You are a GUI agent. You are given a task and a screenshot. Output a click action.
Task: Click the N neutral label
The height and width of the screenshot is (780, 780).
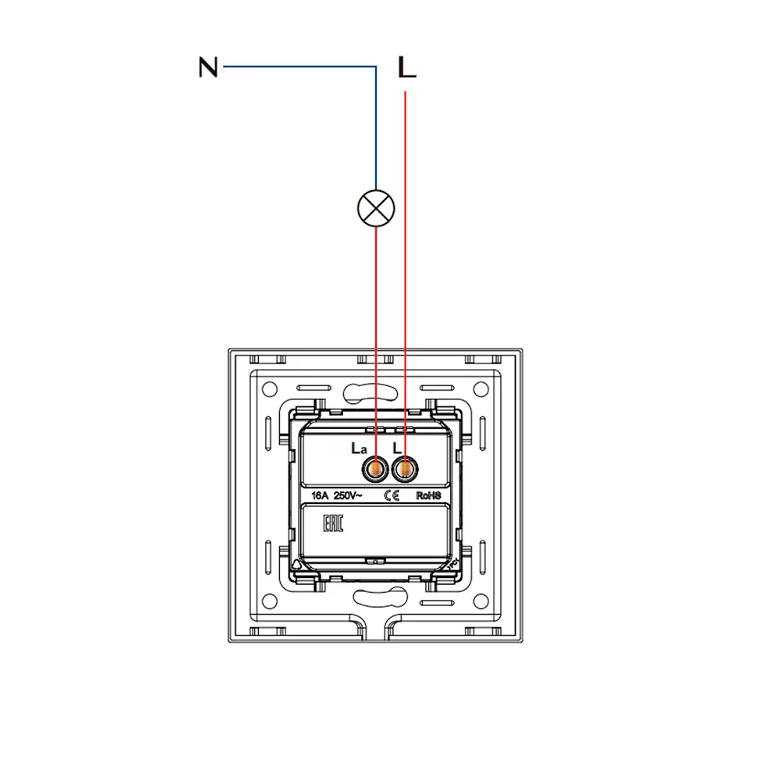(208, 67)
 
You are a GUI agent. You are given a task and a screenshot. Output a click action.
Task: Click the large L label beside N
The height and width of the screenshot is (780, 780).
(407, 67)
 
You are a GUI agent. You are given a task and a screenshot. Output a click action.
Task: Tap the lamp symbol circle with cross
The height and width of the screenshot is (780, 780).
(376, 208)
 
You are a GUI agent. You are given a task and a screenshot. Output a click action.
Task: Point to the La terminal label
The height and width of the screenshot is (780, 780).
(359, 448)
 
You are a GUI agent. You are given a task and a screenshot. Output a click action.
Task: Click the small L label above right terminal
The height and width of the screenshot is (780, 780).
(397, 448)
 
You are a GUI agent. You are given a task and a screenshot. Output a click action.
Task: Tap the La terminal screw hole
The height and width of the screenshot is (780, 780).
(376, 469)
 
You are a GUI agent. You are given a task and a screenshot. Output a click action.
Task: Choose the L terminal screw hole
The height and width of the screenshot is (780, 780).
(405, 469)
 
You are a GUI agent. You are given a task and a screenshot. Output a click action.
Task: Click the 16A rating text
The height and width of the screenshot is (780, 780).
(320, 495)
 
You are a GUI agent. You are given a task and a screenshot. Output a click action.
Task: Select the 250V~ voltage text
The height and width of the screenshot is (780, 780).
(348, 495)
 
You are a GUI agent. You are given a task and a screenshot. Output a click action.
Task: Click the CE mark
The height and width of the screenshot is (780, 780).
(392, 495)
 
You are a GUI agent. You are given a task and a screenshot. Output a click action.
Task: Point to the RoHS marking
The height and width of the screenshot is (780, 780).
(428, 495)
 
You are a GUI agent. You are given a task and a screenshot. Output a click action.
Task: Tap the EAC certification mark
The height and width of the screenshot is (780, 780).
(333, 523)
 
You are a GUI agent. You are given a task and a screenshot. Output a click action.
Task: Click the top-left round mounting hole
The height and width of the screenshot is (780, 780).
(269, 388)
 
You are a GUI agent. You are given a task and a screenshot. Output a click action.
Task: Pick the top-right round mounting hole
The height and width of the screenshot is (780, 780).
(480, 388)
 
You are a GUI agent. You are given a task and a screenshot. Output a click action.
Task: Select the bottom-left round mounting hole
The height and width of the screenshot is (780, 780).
(269, 601)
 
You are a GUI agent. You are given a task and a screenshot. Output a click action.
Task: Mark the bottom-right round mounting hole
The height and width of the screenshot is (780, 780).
(480, 601)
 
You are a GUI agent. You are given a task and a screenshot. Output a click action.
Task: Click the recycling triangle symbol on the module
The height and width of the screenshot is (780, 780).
(296, 564)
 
